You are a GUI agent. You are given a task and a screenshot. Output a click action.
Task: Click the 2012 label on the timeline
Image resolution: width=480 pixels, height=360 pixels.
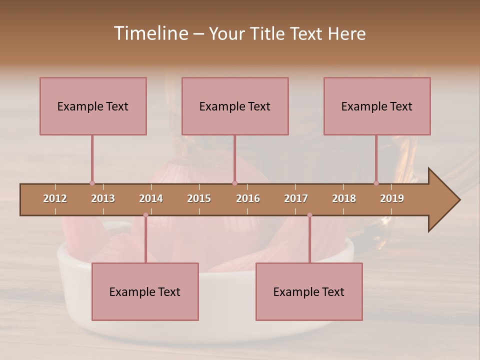(x=55, y=198)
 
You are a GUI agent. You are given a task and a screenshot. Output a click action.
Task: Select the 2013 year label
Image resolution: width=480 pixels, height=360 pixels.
(x=103, y=198)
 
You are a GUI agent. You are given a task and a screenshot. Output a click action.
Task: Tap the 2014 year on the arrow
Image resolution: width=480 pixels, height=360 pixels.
(x=151, y=198)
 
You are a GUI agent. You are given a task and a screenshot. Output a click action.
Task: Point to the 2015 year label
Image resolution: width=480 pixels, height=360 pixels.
(x=199, y=198)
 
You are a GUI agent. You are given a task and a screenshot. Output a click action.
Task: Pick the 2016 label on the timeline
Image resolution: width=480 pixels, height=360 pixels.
(x=248, y=198)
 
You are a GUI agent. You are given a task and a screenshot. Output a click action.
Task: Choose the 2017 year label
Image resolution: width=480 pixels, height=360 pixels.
(x=296, y=198)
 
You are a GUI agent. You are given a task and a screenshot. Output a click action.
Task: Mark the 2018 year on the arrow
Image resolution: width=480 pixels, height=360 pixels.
(x=344, y=198)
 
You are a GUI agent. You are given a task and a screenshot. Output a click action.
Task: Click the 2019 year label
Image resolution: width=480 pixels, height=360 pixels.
(x=392, y=198)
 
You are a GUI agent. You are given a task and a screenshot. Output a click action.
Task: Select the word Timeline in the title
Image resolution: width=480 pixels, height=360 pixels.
(x=150, y=33)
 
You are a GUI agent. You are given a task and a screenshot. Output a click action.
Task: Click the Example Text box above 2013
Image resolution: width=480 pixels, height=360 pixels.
(x=93, y=106)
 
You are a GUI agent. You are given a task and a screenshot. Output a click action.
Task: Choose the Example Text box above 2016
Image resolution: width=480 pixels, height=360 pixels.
(x=235, y=106)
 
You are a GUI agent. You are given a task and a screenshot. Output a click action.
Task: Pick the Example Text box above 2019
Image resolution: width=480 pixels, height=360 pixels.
(x=377, y=106)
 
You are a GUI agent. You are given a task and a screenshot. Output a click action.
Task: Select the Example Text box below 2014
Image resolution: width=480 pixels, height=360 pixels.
(x=145, y=291)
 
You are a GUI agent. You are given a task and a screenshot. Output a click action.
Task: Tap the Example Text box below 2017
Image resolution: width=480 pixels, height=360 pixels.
(x=309, y=291)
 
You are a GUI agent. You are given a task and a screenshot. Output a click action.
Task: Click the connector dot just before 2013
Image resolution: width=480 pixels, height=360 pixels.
(x=92, y=183)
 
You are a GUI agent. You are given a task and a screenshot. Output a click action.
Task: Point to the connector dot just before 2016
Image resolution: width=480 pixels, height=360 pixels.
(x=235, y=183)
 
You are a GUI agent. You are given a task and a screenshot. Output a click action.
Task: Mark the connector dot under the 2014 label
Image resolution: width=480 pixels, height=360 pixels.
(x=145, y=215)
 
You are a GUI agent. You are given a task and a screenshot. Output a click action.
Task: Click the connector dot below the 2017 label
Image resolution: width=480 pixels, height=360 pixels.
(x=309, y=215)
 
